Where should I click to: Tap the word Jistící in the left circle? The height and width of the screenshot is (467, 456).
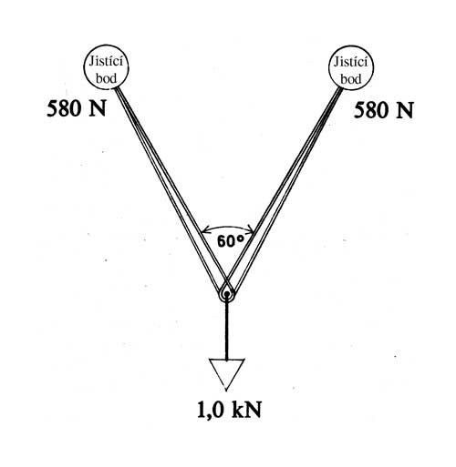pos(106,62)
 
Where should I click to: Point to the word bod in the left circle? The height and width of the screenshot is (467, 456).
pos(106,78)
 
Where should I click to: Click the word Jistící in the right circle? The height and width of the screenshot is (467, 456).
pos(350,62)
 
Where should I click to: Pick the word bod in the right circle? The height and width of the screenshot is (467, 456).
pos(351,79)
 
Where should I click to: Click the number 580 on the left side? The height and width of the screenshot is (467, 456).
pos(64,108)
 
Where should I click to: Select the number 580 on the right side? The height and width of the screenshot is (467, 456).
pos(371,109)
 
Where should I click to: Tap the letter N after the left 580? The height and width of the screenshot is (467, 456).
pos(97,108)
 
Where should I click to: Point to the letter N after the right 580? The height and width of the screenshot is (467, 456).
pos(404,109)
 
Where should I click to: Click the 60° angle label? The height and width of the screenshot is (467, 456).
pos(231,241)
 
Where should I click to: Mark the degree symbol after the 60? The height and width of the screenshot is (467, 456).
pos(241,239)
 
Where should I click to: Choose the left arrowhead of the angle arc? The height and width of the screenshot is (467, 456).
pos(203,231)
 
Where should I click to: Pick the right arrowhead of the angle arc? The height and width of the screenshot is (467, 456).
pos(252,231)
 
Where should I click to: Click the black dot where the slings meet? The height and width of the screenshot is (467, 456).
pos(226,294)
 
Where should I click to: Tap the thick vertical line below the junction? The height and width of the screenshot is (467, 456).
pos(226,330)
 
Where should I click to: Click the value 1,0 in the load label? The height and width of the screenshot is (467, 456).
pos(211,410)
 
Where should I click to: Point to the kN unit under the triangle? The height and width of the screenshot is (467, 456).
pos(246,410)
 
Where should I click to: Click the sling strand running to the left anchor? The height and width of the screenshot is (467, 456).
pos(169,188)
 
